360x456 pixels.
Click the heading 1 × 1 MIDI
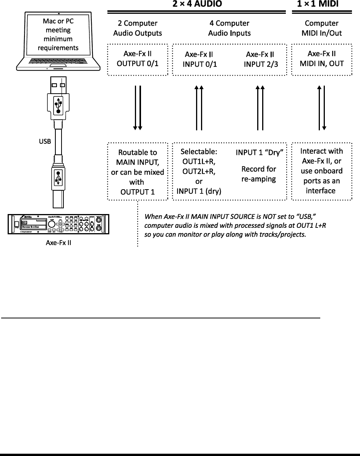tap(318, 4)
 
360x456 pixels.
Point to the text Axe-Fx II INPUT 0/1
tap(199, 59)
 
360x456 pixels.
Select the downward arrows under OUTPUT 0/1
tap(137, 108)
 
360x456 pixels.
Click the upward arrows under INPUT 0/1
tap(199, 108)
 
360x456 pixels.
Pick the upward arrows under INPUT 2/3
tap(260, 108)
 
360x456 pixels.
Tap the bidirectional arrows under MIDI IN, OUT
tap(321, 108)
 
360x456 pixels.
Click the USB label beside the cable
tap(45, 141)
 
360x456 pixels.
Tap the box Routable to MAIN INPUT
tap(137, 171)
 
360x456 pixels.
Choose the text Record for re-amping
tap(259, 174)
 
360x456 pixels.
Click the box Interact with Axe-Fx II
tap(321, 171)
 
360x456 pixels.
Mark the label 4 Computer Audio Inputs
tap(229, 28)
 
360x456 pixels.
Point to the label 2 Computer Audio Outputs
tap(137, 28)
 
